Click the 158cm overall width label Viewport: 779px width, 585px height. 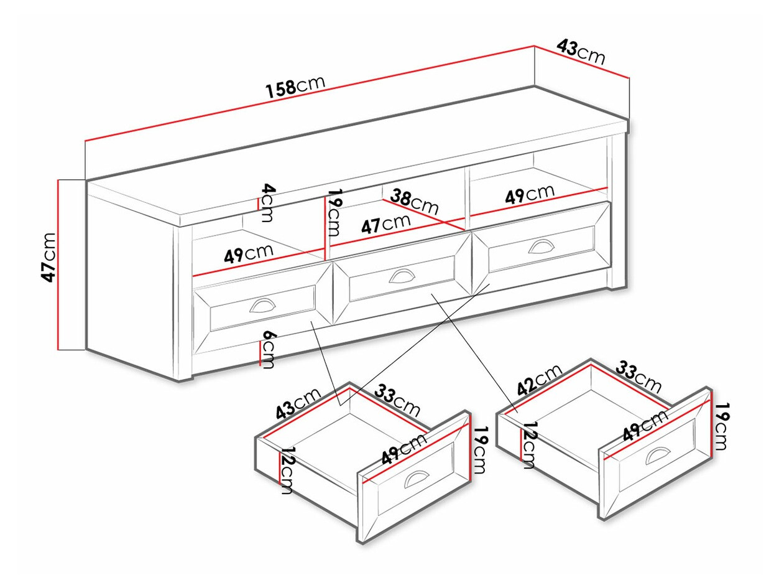295,87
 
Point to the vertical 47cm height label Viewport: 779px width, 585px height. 49,256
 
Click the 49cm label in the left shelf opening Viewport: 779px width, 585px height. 249,254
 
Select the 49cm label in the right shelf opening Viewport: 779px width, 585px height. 529,194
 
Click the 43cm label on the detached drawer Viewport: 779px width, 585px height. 298,403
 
